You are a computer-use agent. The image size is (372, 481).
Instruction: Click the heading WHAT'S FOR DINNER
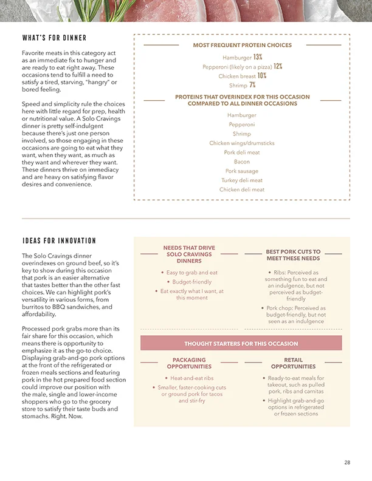click(54, 38)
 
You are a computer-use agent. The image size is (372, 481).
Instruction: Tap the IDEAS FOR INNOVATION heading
click(59, 241)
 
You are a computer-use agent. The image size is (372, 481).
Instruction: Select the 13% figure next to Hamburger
click(258, 56)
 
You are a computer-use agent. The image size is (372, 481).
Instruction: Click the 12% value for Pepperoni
click(278, 66)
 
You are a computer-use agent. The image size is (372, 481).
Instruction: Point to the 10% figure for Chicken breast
click(262, 76)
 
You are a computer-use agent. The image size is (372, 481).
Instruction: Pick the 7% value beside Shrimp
click(252, 86)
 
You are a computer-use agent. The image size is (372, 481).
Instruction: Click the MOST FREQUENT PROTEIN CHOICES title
click(242, 45)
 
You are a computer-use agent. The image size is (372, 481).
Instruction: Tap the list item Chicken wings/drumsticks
click(242, 143)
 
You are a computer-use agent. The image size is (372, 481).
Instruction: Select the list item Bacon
click(242, 162)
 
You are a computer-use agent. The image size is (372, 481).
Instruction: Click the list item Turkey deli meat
click(242, 180)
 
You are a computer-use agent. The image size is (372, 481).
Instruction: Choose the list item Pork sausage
click(242, 171)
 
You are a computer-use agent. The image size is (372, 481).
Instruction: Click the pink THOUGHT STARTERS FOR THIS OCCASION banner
click(241, 344)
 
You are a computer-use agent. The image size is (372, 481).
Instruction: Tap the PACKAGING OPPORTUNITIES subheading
click(189, 363)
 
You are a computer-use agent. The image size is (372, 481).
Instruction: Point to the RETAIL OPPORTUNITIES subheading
click(293, 363)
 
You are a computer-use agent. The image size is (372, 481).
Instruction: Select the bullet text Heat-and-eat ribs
click(191, 378)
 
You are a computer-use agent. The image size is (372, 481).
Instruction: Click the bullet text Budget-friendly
click(191, 282)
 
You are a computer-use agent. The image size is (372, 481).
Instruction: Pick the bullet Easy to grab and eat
click(191, 273)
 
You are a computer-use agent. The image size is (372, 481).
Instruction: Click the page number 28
click(347, 463)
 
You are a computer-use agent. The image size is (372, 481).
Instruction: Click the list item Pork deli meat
click(242, 152)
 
